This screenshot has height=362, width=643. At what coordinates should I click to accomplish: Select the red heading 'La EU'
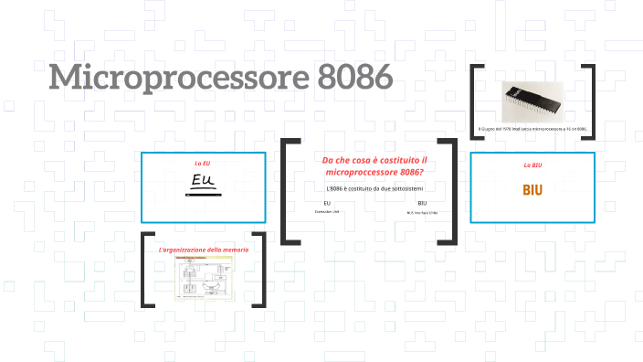point(203,163)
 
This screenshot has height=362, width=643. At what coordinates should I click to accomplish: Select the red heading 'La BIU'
point(532,165)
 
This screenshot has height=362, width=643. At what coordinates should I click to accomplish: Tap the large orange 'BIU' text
point(532,190)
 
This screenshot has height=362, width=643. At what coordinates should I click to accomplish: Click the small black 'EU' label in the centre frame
point(327,203)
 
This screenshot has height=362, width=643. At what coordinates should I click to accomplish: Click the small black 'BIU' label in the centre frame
point(422,203)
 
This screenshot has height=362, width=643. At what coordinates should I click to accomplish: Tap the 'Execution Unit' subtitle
point(327,211)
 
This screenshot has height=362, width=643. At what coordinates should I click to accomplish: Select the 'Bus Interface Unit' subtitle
point(422,212)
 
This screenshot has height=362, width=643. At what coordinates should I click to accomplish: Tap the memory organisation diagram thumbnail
point(204,278)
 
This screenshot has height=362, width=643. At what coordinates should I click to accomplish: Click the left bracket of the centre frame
point(289,191)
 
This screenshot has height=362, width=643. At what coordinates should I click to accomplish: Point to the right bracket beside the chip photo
point(588,101)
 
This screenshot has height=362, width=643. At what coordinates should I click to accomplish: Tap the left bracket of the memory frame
point(147,271)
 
